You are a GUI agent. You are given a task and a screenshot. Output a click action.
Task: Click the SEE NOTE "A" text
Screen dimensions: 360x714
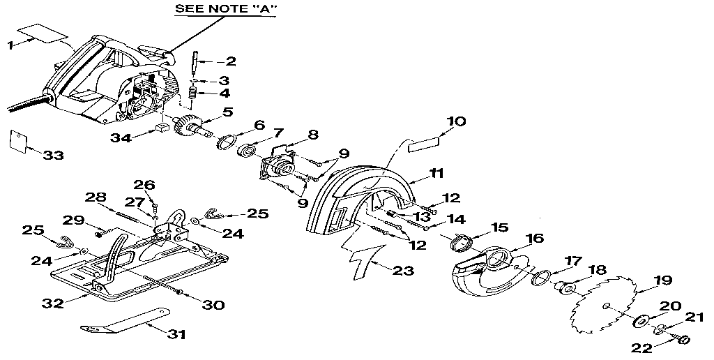point(216,9)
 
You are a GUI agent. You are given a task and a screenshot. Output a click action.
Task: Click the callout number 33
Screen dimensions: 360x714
point(53,154)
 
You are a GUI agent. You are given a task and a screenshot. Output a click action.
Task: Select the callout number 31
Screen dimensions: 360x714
point(177,334)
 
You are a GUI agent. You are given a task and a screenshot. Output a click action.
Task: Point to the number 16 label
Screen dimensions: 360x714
point(533,238)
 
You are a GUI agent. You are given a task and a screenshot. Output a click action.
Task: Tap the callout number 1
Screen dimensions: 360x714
point(10,45)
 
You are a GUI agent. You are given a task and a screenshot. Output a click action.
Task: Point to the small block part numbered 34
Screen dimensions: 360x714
point(162,128)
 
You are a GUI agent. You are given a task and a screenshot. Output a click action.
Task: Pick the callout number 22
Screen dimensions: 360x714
point(642,347)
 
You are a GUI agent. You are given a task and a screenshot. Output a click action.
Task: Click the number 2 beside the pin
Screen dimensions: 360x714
point(229,61)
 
